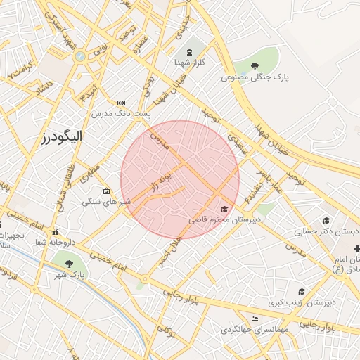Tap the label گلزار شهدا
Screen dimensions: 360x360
(x=189, y=62)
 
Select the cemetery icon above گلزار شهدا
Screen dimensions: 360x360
(x=189, y=51)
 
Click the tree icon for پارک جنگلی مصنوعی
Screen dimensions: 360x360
(x=254, y=66)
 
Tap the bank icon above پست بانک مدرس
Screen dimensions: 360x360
(x=121, y=103)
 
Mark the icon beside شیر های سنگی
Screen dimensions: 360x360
(x=106, y=191)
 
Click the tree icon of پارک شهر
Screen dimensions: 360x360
(x=70, y=264)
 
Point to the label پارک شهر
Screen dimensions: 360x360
(x=70, y=274)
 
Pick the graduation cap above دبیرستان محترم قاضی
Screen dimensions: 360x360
(x=224, y=209)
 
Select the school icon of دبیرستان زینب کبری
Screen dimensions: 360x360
(x=302, y=292)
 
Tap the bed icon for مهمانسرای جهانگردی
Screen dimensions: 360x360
(x=254, y=319)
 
